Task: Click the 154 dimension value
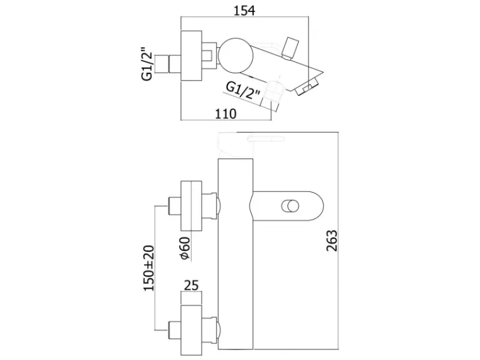(x=244, y=10)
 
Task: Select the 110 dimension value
(x=226, y=114)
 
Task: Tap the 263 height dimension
(x=332, y=241)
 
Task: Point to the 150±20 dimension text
(x=149, y=268)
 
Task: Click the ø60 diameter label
(x=185, y=248)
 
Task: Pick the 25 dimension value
(x=191, y=285)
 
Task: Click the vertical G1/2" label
(x=147, y=64)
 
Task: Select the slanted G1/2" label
(x=244, y=91)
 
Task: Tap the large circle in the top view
(x=236, y=56)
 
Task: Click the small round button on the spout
(x=290, y=206)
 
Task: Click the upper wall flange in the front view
(x=191, y=206)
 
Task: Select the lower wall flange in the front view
(x=191, y=331)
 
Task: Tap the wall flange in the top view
(x=191, y=56)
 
